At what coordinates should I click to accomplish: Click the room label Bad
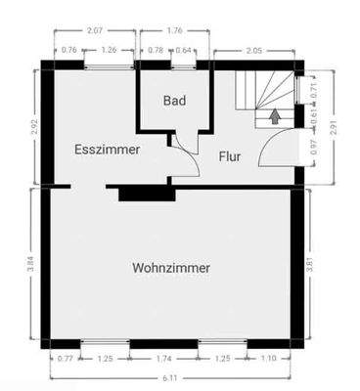point(174,100)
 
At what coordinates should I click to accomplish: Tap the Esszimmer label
point(107,150)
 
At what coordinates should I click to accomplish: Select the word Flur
point(229,155)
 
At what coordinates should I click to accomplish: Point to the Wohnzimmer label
point(171,267)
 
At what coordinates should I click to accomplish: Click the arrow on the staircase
point(275,116)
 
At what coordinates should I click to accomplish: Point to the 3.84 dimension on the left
point(31,264)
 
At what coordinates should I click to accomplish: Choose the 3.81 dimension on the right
point(311,265)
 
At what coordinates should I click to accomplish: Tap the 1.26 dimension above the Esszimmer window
point(109,50)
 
